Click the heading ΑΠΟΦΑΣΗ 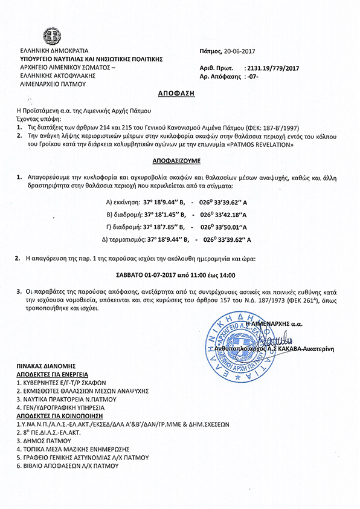[x=179, y=96]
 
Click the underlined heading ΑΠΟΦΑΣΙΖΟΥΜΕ [x=179, y=163]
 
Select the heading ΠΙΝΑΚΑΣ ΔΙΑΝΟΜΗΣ [x=46, y=366]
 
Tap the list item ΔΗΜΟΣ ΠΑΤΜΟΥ [x=45, y=441]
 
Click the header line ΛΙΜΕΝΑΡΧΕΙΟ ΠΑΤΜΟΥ [x=53, y=84]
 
